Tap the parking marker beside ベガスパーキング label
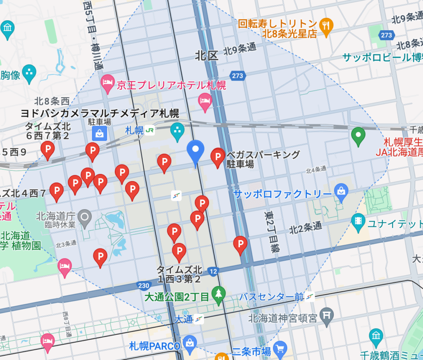point(218,157)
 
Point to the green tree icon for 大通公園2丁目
point(218,293)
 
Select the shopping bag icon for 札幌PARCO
point(190,343)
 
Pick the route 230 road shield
point(143,285)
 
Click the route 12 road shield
point(213,272)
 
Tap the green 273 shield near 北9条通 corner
point(386,35)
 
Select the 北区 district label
point(207,56)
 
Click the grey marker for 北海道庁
point(85,216)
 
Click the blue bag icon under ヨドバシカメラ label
point(100,134)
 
